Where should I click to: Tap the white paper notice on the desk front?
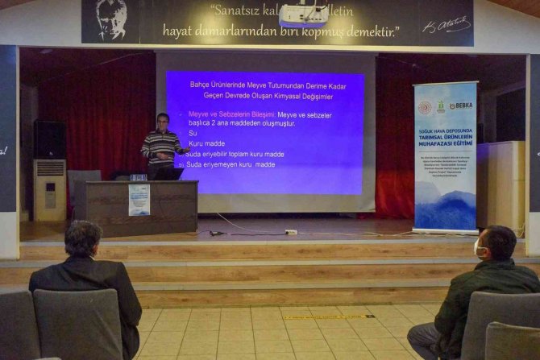pyautogui.click(x=139, y=200)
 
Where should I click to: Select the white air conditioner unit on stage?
pyautogui.click(x=49, y=190)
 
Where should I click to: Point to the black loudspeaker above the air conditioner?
pyautogui.click(x=49, y=139)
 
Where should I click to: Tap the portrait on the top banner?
pyautogui.click(x=110, y=19)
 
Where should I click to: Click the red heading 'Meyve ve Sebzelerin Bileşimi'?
pyautogui.click(x=228, y=114)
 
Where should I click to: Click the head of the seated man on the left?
pyautogui.click(x=83, y=239)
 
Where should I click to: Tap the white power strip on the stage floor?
pyautogui.click(x=291, y=232)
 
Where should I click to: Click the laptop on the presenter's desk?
pyautogui.click(x=166, y=173)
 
